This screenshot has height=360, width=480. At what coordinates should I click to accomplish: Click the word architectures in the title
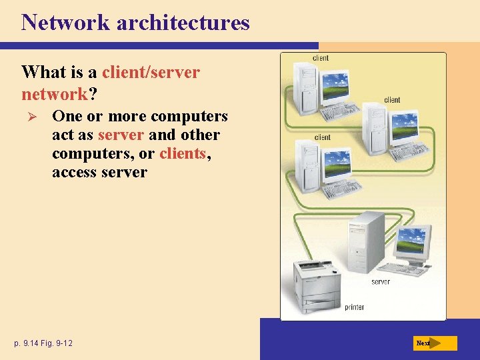point(183,23)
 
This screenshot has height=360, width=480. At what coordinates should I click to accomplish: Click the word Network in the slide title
point(65,23)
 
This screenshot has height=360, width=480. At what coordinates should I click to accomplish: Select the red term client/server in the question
point(151,72)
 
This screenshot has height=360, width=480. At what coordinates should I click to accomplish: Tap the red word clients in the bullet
point(183,153)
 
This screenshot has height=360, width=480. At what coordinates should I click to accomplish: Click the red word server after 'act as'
point(121,135)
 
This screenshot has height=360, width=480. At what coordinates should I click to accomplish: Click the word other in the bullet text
point(199,135)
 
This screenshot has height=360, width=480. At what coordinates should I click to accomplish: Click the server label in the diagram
point(381,282)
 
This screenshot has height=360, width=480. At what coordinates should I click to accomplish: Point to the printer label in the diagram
point(354,307)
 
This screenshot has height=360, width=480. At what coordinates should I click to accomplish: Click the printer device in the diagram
point(317,284)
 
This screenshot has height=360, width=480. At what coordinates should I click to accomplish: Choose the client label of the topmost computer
point(321,58)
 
